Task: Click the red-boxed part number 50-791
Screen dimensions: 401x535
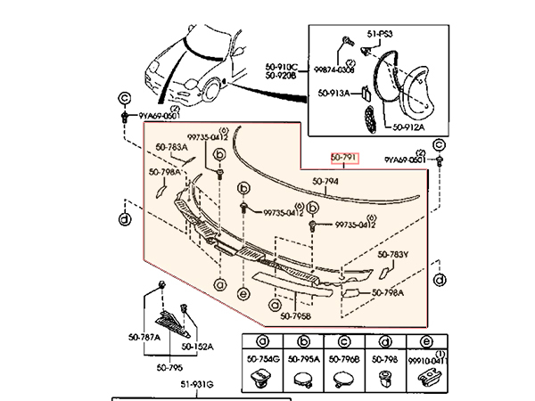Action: tap(344, 159)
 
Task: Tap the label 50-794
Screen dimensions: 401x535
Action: tap(326, 184)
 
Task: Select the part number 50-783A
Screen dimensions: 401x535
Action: tap(171, 146)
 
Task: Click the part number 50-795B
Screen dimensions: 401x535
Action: tap(294, 315)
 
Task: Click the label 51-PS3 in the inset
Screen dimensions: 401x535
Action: tap(379, 33)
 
